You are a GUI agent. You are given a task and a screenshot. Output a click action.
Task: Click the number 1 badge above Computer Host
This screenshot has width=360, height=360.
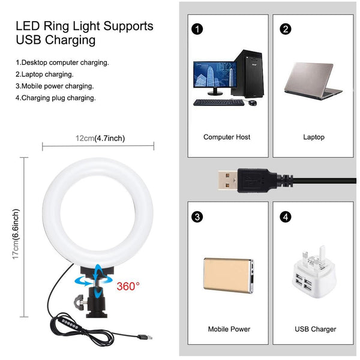tap(197, 28)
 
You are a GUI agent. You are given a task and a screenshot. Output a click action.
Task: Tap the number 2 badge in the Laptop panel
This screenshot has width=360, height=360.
tap(286, 28)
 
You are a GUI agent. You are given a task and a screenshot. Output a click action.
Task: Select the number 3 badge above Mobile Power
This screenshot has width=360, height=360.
tap(197, 216)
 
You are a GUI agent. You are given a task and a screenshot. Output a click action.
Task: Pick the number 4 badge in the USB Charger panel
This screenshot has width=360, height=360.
tap(286, 216)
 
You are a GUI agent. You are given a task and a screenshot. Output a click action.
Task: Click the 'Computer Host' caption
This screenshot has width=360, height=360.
tap(227, 137)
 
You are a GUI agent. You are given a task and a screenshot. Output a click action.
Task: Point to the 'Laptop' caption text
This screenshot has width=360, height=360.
tap(314, 137)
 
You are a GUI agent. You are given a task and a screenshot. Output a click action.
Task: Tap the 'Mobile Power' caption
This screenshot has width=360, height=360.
tap(229, 329)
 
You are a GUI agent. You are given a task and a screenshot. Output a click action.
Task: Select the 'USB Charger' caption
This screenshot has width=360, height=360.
tap(315, 329)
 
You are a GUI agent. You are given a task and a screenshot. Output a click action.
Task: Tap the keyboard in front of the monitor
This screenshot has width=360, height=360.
tap(218, 103)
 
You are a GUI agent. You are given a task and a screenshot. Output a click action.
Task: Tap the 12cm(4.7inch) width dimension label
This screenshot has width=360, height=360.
tap(100, 139)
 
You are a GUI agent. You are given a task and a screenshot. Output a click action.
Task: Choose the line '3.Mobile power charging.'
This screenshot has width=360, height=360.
tap(55, 86)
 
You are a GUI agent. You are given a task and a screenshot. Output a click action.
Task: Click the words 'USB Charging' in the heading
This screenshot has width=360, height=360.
tap(56, 41)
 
